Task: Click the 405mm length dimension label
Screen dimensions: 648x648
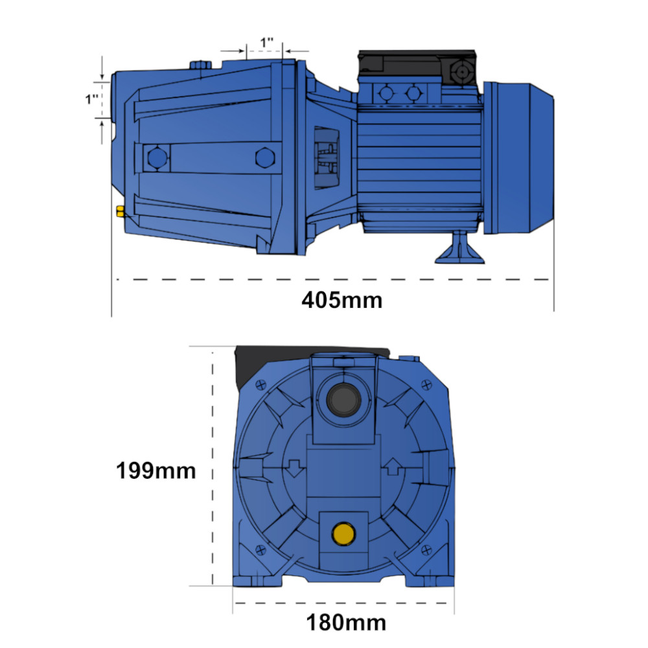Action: pos(341,301)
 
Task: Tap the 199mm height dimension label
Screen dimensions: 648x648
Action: pos(156,470)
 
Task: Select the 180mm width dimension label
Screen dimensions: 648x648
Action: pos(346,622)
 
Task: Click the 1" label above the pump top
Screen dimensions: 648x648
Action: pos(266,42)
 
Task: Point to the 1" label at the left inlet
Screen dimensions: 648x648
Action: pos(92,99)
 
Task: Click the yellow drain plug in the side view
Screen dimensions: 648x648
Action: pos(120,211)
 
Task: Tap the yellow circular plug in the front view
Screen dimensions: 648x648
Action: pos(343,533)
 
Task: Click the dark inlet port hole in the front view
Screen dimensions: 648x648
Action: pos(344,400)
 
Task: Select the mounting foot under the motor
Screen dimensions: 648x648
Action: pos(459,248)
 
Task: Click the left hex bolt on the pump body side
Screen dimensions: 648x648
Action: pos(157,158)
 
